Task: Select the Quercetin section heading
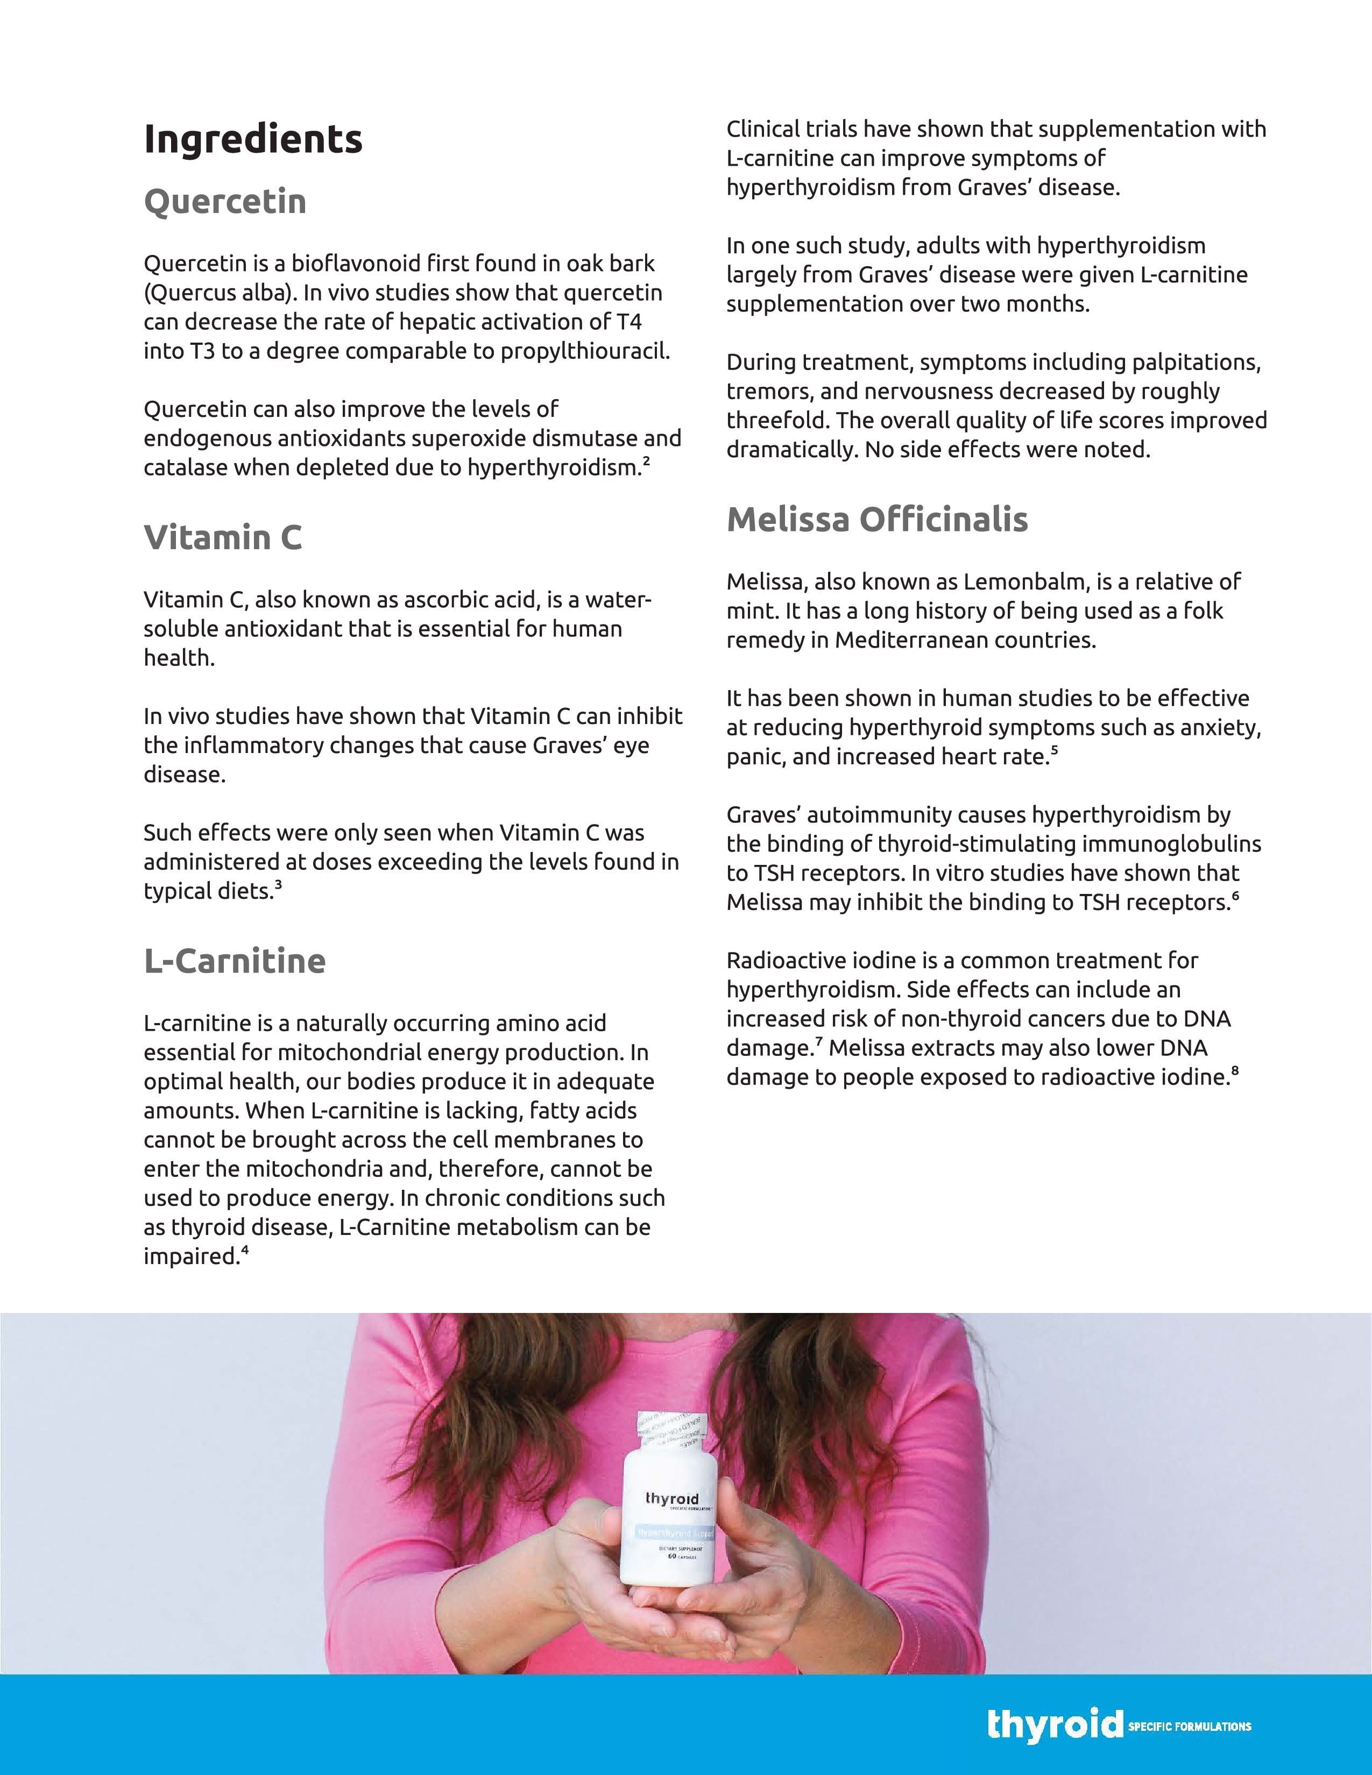(x=225, y=202)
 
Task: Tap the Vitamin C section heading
(x=223, y=537)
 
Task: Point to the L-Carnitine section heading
(x=235, y=961)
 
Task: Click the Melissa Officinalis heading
(x=877, y=520)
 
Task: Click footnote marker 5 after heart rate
(x=1054, y=750)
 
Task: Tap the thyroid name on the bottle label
(x=672, y=1499)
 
